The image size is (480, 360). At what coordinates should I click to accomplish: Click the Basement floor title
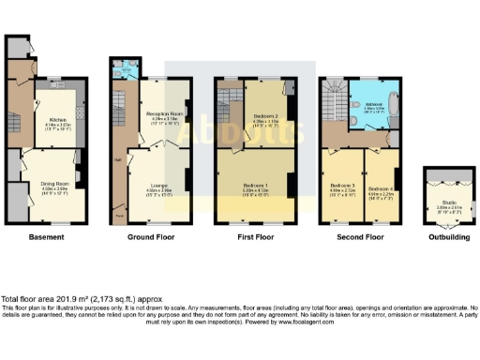[x=46, y=237]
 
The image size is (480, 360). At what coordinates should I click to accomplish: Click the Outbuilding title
[x=447, y=237]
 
